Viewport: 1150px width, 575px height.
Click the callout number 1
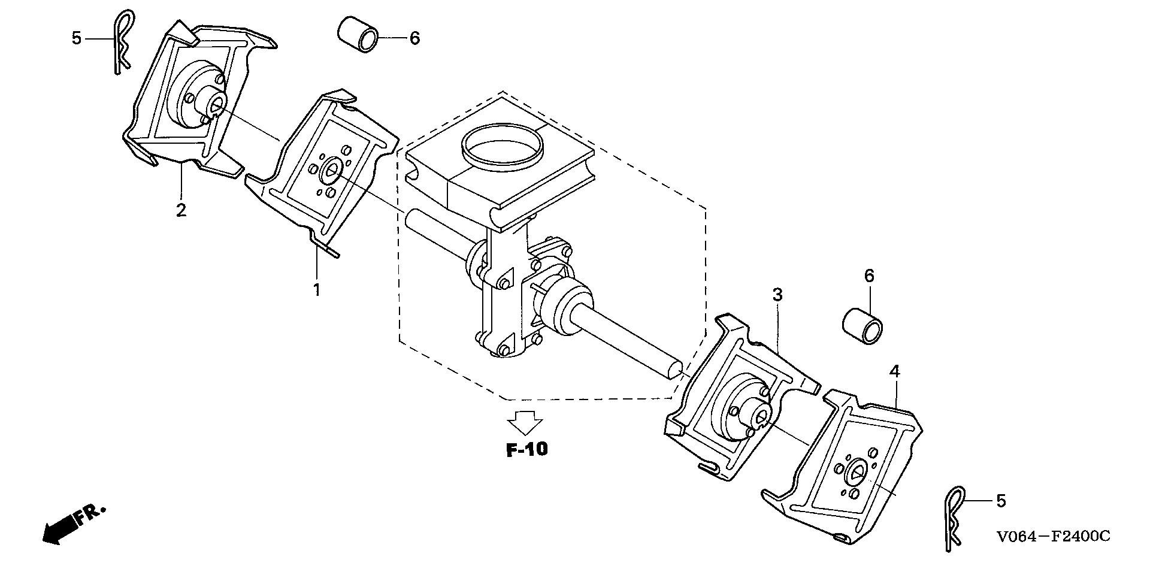[x=316, y=290]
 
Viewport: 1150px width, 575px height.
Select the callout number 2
[x=181, y=210]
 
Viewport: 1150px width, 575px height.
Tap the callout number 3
[x=777, y=295]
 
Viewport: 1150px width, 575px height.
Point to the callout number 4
[x=894, y=371]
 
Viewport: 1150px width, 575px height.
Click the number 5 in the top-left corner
[x=76, y=38]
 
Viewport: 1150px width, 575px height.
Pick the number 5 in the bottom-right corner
[x=1001, y=501]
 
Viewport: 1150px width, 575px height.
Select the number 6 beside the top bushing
[x=414, y=38]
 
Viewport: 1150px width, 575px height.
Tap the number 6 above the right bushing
[x=869, y=276]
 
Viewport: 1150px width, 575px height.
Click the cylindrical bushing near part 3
[x=863, y=324]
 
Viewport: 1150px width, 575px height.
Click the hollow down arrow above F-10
[x=525, y=422]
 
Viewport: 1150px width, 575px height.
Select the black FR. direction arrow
[x=60, y=529]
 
